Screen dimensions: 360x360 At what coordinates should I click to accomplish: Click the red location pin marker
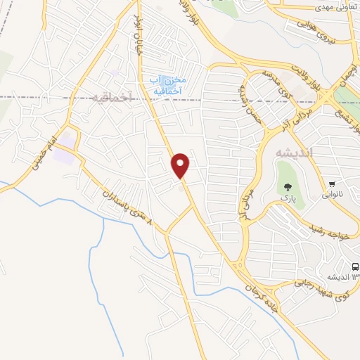[181, 165]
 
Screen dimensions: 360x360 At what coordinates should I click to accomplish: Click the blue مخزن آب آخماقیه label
[167, 85]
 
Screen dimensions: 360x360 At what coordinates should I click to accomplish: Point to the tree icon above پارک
[286, 187]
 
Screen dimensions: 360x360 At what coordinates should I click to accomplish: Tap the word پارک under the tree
[287, 199]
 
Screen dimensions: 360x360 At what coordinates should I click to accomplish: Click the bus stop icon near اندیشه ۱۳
[354, 267]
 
